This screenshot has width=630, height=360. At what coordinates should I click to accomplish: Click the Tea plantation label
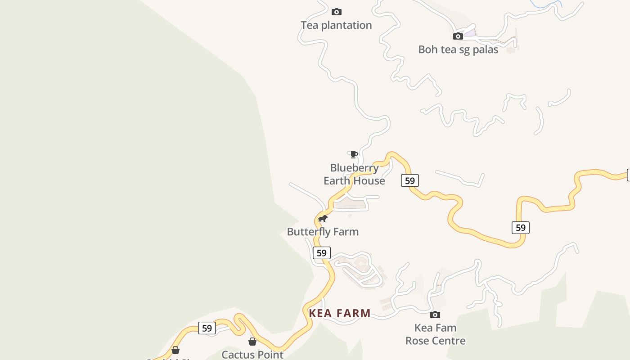click(x=336, y=25)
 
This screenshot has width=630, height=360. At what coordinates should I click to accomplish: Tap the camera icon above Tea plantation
click(x=336, y=12)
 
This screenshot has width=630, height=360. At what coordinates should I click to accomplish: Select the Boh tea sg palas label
click(x=458, y=49)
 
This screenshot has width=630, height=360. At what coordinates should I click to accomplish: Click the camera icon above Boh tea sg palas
click(x=458, y=36)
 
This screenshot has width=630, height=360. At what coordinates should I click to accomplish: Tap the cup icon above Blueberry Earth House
click(x=354, y=154)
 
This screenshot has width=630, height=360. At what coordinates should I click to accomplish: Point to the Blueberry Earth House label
click(x=354, y=174)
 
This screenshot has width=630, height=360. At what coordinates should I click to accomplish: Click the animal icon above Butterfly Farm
click(x=323, y=219)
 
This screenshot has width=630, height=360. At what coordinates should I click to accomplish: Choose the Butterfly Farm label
click(x=323, y=232)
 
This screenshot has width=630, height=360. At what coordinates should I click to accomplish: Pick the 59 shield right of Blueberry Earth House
click(x=409, y=180)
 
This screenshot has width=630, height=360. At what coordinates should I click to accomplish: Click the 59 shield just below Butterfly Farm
click(x=321, y=253)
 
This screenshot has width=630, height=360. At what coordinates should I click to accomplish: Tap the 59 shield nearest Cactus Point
click(x=207, y=328)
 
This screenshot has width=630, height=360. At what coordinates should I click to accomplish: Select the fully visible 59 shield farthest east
click(x=520, y=228)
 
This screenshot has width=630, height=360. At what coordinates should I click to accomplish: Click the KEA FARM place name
click(x=340, y=313)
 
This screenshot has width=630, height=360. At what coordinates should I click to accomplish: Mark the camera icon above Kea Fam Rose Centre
click(x=435, y=315)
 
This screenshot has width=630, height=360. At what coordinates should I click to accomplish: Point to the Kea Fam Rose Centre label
click(x=435, y=334)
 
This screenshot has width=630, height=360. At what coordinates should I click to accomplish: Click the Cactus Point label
click(x=252, y=355)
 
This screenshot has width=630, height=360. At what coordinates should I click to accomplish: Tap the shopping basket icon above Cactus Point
click(x=252, y=342)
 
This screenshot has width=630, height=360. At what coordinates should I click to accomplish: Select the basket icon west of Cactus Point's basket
click(x=175, y=350)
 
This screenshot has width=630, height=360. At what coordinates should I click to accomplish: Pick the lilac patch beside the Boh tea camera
click(x=470, y=33)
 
